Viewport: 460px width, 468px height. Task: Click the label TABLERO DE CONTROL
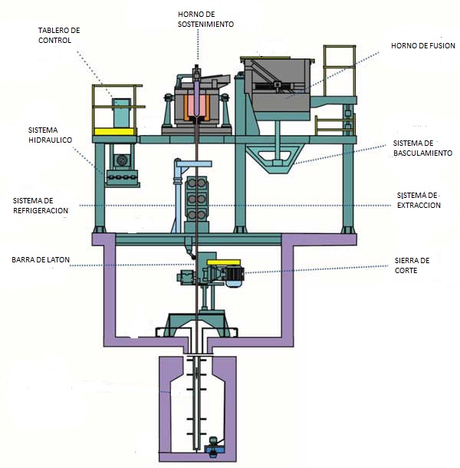[59, 35]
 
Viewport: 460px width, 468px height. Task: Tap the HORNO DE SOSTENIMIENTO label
[205, 19]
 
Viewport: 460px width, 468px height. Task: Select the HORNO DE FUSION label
[423, 46]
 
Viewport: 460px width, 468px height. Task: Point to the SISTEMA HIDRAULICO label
[50, 135]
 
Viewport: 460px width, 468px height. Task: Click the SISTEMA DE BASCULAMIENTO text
[422, 148]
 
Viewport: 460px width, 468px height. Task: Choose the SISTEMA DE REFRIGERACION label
[41, 206]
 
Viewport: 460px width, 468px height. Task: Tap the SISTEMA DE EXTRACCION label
[419, 200]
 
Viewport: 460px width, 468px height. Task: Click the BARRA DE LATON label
[41, 259]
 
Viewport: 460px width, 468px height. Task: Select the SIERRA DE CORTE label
[412, 265]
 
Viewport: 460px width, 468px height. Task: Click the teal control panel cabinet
[121, 113]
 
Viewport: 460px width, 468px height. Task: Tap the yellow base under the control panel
[114, 132]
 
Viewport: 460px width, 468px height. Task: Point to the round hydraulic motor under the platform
[122, 160]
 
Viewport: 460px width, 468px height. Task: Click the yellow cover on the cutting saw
[224, 262]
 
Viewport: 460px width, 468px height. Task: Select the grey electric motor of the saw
[235, 276]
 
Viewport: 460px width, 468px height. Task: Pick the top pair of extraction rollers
[196, 183]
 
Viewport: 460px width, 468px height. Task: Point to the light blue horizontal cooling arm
[194, 163]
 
